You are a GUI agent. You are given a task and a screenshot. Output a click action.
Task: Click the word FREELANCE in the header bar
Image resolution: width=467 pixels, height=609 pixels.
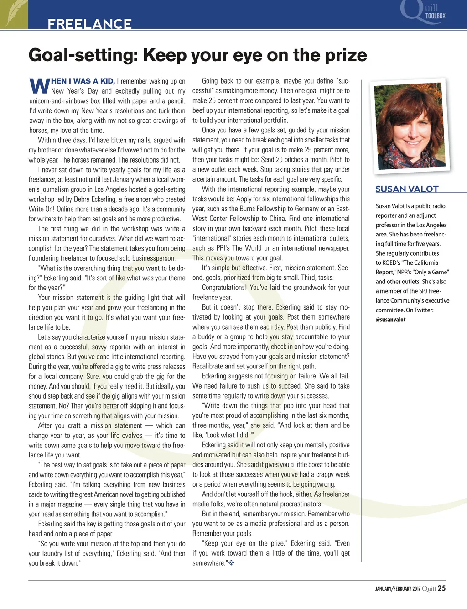(89, 24)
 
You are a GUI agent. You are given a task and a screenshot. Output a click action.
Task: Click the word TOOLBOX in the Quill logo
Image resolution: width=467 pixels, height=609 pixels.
(435, 16)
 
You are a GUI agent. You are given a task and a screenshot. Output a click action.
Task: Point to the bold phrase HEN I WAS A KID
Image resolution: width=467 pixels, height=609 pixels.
(83, 81)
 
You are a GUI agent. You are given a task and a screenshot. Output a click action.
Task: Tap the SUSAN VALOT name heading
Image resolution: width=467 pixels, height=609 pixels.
(407, 189)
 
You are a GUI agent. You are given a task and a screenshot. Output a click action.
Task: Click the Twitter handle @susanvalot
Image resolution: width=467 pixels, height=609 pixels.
(390, 320)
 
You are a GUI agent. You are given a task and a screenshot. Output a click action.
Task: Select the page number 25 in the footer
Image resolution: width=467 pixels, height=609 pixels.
(441, 588)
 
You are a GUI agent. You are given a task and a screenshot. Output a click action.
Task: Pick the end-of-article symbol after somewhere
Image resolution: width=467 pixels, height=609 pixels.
(231, 563)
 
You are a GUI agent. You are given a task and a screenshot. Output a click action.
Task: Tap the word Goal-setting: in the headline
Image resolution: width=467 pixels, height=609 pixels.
(83, 55)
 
